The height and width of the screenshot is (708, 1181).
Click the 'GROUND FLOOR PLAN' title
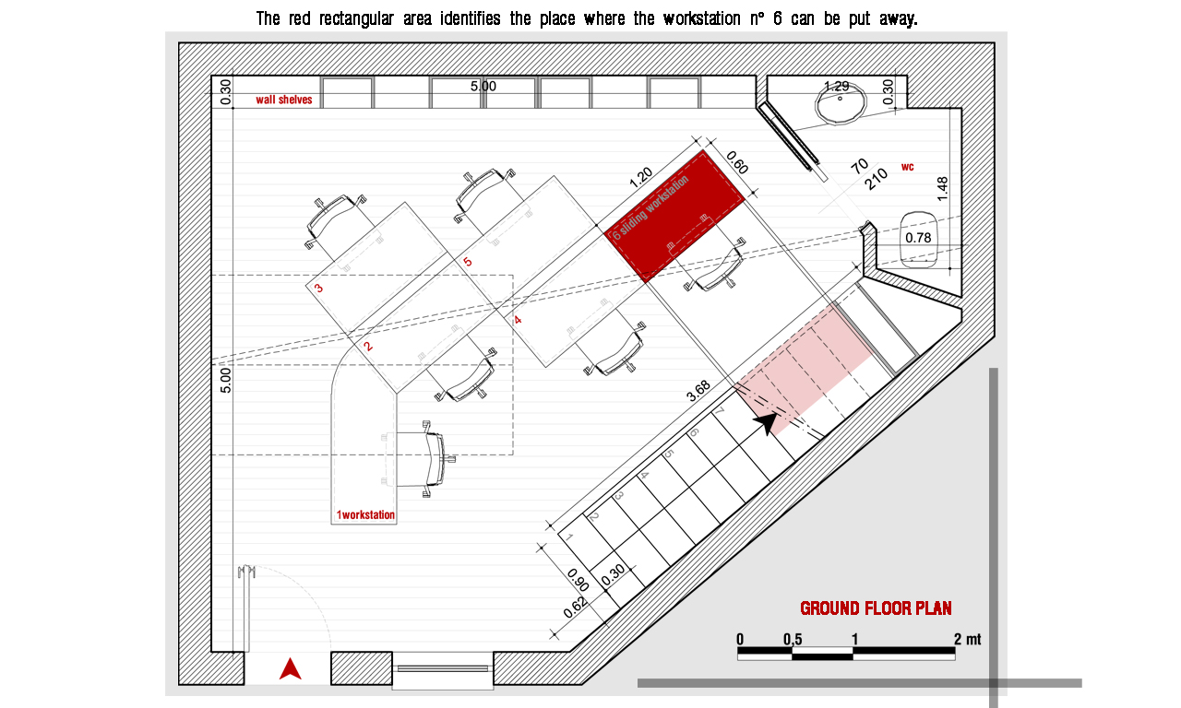pyautogui.click(x=876, y=608)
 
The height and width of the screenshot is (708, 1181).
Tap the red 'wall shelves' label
pyautogui.click(x=283, y=100)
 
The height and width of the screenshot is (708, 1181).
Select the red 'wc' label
pyautogui.click(x=907, y=167)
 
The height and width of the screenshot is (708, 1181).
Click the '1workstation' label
pyautogui.click(x=365, y=514)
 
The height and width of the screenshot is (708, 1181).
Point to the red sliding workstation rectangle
pyautogui.click(x=675, y=216)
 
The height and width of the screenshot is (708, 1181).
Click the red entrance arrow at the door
pyautogui.click(x=290, y=668)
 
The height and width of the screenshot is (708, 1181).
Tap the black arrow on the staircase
pyautogui.click(x=766, y=422)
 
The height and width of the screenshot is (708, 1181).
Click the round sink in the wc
pyautogui.click(x=841, y=103)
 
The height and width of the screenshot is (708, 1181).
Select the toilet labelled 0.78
pyautogui.click(x=918, y=240)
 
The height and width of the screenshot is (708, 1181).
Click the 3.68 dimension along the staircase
pyautogui.click(x=698, y=392)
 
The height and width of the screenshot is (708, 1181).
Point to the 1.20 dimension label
pyautogui.click(x=641, y=178)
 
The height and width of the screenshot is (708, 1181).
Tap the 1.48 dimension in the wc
pyautogui.click(x=942, y=189)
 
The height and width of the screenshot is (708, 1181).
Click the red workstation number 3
pyautogui.click(x=318, y=289)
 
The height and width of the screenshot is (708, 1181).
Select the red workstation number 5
pyautogui.click(x=467, y=261)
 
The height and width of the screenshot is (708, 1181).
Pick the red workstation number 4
pyautogui.click(x=518, y=320)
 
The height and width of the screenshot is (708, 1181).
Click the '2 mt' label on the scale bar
pyautogui.click(x=968, y=639)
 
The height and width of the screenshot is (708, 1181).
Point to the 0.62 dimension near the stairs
pyautogui.click(x=575, y=608)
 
